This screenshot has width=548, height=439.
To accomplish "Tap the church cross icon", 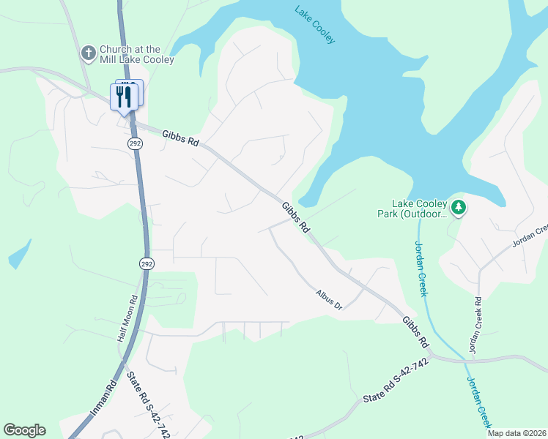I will [x=88, y=53].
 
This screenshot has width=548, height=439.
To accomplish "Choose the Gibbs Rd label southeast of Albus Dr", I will [x=415, y=331].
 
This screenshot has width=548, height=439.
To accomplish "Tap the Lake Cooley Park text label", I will [x=418, y=209].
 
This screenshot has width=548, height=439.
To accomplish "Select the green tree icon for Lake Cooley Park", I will [x=459, y=208].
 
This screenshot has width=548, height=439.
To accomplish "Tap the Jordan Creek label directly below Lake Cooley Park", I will [x=421, y=269].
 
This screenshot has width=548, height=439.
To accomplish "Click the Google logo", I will [x=24, y=430].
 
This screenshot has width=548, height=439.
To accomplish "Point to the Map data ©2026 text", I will [x=516, y=433].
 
